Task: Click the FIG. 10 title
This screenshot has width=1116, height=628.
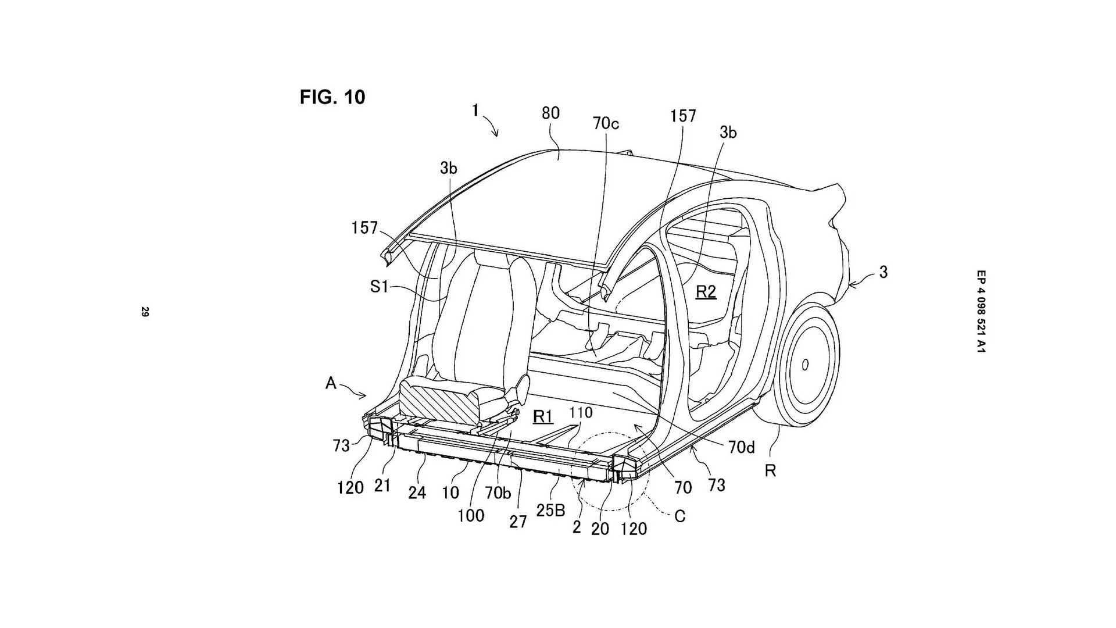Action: [x=332, y=97]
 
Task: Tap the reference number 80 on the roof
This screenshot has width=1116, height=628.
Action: [x=550, y=112]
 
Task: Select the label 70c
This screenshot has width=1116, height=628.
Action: [x=606, y=123]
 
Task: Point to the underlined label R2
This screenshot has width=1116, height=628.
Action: [x=706, y=291]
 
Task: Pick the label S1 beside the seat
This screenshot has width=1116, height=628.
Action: [x=379, y=286]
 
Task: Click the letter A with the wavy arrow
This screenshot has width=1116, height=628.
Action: [x=331, y=383]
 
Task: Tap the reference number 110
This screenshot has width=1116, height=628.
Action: [x=581, y=412]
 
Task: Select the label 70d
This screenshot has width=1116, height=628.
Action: [x=741, y=448]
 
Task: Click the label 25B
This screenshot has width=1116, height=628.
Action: [x=551, y=510]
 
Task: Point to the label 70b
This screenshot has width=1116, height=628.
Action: [x=498, y=493]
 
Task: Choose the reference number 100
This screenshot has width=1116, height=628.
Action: [x=471, y=515]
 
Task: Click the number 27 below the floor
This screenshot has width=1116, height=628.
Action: [x=518, y=522]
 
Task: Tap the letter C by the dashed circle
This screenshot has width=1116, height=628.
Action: [x=679, y=516]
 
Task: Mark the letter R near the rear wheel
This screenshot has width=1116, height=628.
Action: [x=770, y=470]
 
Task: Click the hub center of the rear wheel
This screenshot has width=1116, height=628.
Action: [x=805, y=365]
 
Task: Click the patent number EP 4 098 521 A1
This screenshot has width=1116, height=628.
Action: [x=981, y=312]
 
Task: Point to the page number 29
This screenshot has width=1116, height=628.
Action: [x=145, y=312]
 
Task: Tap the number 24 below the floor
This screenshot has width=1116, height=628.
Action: [x=417, y=493]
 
